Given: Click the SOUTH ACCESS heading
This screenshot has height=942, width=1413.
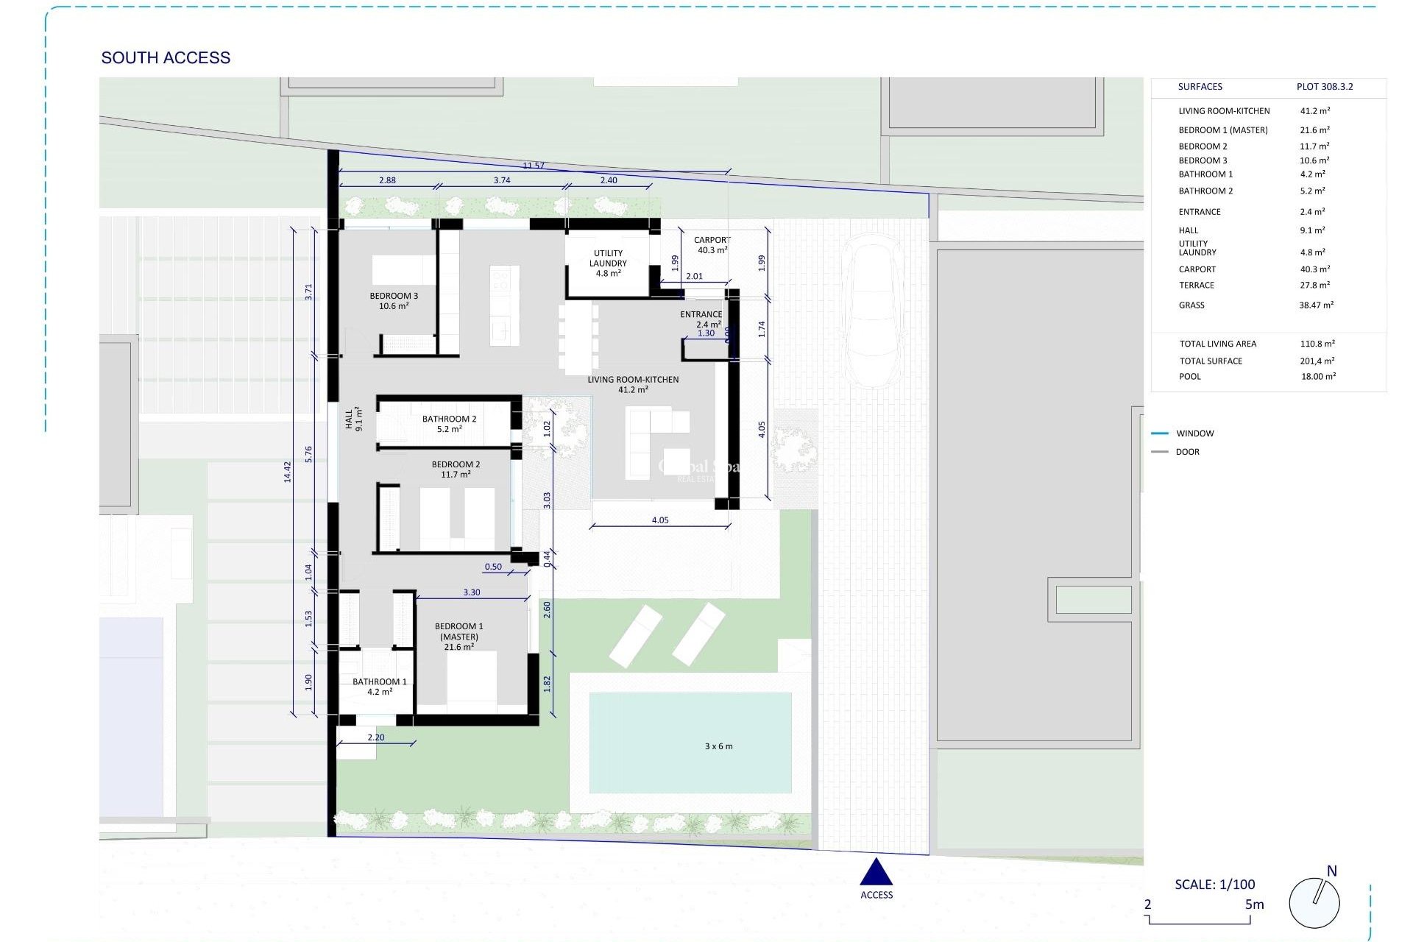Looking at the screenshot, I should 166,57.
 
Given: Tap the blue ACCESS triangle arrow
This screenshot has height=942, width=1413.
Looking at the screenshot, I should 876,873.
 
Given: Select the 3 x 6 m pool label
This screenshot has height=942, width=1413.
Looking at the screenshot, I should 718,746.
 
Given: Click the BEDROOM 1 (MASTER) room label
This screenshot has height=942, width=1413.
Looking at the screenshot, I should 458,637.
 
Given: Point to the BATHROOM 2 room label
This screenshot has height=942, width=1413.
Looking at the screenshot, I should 449,424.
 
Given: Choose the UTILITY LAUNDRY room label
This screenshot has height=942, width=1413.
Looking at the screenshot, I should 608,263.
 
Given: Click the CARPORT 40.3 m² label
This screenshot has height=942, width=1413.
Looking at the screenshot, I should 712,245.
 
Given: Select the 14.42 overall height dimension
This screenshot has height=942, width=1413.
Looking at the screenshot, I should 288,472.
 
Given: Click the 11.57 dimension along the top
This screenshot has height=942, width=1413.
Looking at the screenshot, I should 534,166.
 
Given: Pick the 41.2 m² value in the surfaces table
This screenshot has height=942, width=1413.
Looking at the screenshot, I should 1314,111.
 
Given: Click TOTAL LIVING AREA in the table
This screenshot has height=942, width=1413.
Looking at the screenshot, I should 1217,344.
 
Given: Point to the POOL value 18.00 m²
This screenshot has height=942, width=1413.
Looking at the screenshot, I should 1317,376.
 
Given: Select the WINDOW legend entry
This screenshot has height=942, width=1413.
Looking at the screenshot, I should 1194,433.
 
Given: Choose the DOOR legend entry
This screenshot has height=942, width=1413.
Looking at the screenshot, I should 1187,452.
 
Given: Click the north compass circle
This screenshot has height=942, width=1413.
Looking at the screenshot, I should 1314,902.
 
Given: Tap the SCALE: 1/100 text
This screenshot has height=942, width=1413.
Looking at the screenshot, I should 1214,885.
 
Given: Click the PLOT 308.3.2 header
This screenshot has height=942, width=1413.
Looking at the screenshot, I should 1324,87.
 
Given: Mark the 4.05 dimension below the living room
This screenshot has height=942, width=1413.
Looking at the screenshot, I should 660,520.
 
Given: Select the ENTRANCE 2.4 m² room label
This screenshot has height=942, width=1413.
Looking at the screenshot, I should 701,319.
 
